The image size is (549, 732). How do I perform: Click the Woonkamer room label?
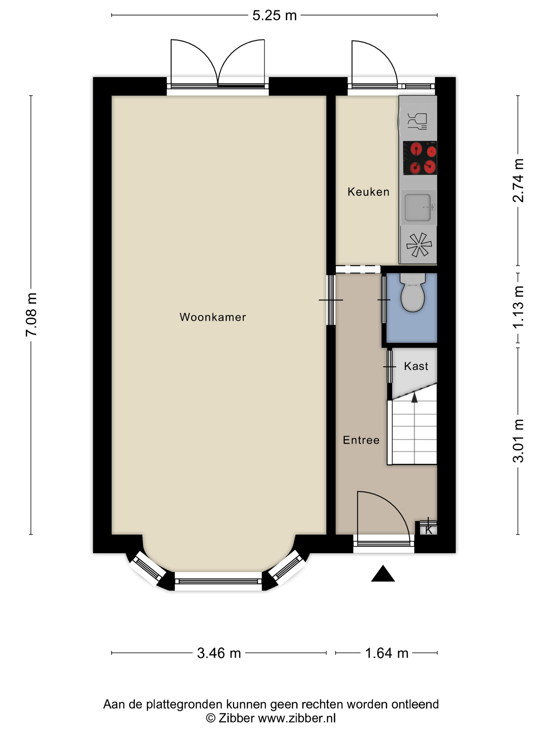[x=213, y=317]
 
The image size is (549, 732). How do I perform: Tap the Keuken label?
[x=368, y=192]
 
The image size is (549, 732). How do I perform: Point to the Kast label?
[x=416, y=366]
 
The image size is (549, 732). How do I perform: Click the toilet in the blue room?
[x=412, y=293]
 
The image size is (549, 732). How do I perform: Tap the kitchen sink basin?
[x=418, y=208]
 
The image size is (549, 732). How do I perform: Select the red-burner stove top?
[x=420, y=158]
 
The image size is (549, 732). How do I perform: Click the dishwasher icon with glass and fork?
[x=418, y=121]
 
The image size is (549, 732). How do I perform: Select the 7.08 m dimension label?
[x=31, y=314]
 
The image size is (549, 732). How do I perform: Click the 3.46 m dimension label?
[x=219, y=653]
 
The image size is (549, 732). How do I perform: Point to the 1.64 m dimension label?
[x=386, y=653]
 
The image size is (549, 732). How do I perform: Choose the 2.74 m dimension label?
[x=518, y=180]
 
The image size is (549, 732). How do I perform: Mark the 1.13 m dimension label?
[x=518, y=307]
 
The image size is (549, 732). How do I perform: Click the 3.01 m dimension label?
[x=518, y=441]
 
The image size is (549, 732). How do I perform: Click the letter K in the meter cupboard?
[x=428, y=530]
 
